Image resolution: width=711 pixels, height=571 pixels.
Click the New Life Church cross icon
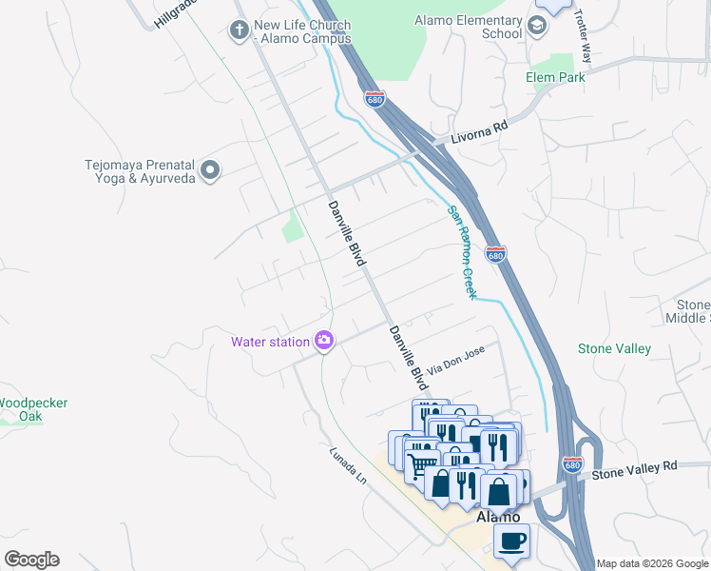point(239,30)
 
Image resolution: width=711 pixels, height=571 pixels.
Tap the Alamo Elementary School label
point(469,27)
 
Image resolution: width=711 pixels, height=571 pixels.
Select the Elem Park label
point(556,77)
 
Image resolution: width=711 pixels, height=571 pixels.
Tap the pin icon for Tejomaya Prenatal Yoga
point(211,171)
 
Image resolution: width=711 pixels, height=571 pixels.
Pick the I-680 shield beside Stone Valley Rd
point(571,464)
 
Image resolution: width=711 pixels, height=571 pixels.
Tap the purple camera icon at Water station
point(324,341)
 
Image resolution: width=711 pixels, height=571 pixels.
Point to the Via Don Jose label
point(456,359)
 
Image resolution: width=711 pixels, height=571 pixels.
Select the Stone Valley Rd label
point(634,467)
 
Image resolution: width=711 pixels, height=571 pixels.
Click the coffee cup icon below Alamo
point(511,540)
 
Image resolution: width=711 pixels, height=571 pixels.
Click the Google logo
point(31,560)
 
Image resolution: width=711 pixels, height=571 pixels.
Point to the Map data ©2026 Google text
point(651,563)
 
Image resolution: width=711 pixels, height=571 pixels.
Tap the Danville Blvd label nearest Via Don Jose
point(406,358)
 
